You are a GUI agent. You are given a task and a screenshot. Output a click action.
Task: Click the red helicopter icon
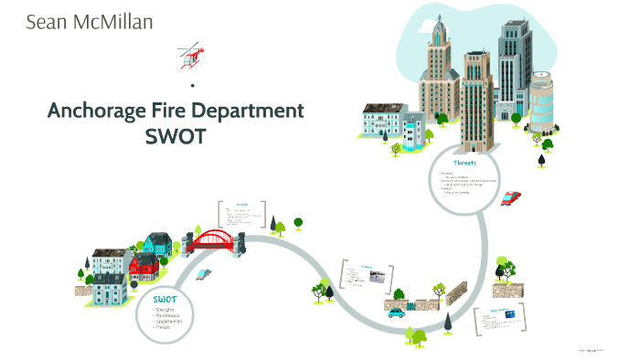191,54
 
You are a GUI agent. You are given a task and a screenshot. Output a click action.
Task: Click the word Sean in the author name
47,21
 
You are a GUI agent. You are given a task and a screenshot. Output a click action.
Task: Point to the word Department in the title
258,112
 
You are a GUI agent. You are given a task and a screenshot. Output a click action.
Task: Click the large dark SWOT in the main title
176,136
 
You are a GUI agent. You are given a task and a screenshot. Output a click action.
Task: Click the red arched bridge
216,240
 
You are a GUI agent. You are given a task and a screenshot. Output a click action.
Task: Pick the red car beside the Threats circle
511,197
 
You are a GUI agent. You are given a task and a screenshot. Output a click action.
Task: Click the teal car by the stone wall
396,312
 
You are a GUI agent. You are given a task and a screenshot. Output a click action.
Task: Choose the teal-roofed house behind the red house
156,243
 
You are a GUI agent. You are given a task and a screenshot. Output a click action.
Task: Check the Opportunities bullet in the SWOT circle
170,322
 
